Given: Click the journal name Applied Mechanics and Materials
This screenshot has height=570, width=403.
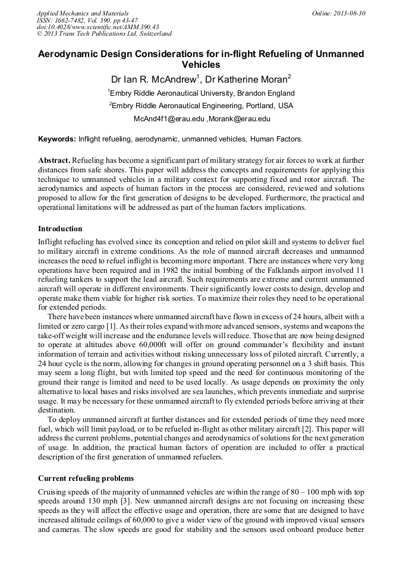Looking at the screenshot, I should (82, 12).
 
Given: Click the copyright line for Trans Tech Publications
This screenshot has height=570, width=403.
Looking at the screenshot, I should (104, 34).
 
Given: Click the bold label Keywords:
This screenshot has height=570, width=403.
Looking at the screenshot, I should (57, 139).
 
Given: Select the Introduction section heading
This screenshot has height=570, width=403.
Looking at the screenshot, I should (60, 228).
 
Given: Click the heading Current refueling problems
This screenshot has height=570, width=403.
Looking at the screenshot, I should (86, 478).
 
